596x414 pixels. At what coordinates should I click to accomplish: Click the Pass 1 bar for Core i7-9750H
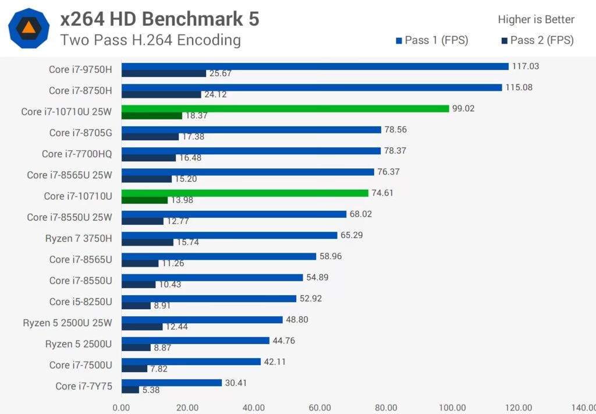pyautogui.click(x=315, y=66)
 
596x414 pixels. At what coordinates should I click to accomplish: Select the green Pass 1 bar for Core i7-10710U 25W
pyautogui.click(x=285, y=109)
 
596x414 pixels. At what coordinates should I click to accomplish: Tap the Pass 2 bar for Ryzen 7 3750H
pyautogui.click(x=147, y=242)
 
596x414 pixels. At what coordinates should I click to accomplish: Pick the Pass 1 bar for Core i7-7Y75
pyautogui.click(x=172, y=383)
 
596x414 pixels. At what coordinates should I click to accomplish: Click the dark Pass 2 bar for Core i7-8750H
pyautogui.click(x=161, y=95)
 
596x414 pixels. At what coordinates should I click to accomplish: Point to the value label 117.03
pyautogui.click(x=526, y=66)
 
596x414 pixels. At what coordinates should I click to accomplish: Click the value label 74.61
pyautogui.click(x=382, y=193)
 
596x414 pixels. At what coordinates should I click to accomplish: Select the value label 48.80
pyautogui.click(x=297, y=319)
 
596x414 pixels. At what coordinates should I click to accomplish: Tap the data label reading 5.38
pyautogui.click(x=151, y=390)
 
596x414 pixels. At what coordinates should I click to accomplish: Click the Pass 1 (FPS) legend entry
pyautogui.click(x=432, y=40)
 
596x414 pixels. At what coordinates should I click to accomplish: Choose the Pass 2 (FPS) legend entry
pyautogui.click(x=537, y=40)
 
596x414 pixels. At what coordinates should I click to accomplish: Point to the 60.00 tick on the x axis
pyautogui.click(x=320, y=408)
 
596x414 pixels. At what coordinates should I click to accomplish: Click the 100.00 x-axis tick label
pyautogui.click(x=452, y=408)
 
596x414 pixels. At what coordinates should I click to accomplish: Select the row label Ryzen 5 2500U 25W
pyautogui.click(x=68, y=323)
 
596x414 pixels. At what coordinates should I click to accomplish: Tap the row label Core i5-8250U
pyautogui.click(x=80, y=302)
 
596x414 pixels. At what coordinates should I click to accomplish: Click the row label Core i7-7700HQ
pyautogui.click(x=77, y=154)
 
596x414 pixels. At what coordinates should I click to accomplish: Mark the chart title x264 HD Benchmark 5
pyautogui.click(x=159, y=19)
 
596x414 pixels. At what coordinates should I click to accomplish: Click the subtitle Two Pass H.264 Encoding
pyautogui.click(x=151, y=40)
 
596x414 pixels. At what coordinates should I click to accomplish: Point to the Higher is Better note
pyautogui.click(x=536, y=19)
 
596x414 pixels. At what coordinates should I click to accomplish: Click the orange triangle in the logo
pyautogui.click(x=29, y=28)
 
